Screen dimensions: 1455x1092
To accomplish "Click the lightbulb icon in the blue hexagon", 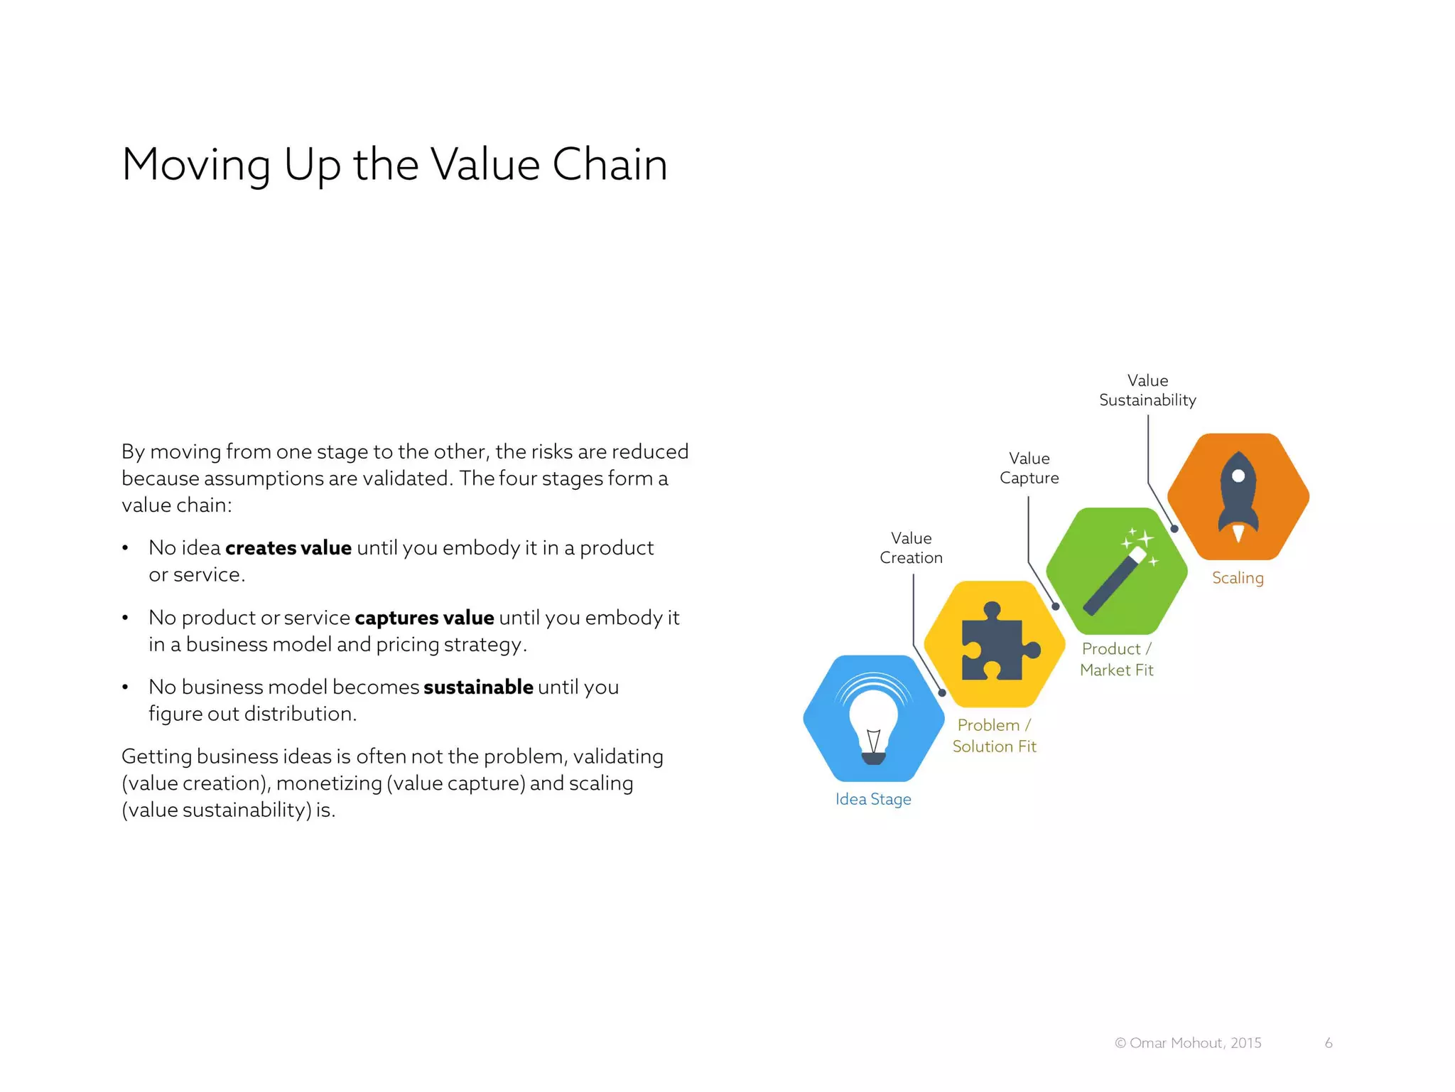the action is [873, 724].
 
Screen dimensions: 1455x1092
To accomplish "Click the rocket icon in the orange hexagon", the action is [1238, 498].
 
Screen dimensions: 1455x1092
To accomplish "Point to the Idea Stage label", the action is [873, 799].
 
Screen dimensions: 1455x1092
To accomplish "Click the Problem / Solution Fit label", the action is [994, 735].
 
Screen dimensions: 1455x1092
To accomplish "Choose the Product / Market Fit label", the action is [1116, 659].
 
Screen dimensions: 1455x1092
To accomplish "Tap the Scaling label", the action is [1238, 577].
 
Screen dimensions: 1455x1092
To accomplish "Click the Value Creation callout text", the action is [911, 547].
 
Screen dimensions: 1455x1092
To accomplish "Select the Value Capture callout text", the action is [1029, 468].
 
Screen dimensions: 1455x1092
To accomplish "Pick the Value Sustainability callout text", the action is [1147, 390].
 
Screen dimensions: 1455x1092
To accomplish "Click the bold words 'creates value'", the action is [288, 547].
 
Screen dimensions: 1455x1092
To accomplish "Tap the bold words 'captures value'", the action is [424, 617].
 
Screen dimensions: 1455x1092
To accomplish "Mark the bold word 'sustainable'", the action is [478, 687].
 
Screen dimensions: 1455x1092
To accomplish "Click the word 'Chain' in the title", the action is [610, 164].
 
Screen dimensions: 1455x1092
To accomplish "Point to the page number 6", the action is [1329, 1043].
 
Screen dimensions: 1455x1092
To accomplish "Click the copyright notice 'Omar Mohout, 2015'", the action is [1188, 1043].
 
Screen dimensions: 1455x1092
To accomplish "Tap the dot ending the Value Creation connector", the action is [942, 692].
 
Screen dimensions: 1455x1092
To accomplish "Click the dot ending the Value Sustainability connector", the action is [1174, 529].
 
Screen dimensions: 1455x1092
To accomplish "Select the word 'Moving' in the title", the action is [196, 164].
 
